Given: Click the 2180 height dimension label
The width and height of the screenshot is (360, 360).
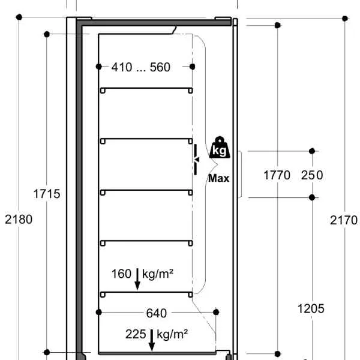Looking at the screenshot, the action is (x=19, y=219).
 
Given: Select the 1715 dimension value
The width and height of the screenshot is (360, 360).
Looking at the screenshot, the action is (x=47, y=194).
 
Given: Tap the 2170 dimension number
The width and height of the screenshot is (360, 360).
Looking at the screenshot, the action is (x=344, y=220).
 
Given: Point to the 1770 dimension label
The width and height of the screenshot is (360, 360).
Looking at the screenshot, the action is (x=277, y=175).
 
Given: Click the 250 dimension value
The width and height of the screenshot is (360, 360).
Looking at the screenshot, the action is (x=312, y=175).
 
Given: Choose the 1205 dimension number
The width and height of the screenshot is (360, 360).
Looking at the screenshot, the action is (x=311, y=308).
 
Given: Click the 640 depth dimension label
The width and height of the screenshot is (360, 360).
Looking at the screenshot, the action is (x=157, y=313).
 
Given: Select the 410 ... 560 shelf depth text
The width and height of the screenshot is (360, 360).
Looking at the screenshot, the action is (x=141, y=67).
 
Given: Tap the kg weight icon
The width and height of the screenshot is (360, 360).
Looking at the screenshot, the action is (x=220, y=148).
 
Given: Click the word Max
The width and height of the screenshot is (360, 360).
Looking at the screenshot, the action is (x=218, y=178).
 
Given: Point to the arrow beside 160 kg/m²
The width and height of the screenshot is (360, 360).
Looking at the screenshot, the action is (x=137, y=279).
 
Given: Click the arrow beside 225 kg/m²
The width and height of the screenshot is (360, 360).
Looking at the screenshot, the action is (x=152, y=340).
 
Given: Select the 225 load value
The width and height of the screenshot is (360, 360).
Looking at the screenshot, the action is (x=136, y=334).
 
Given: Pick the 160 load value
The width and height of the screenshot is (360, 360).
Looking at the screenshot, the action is (x=121, y=274).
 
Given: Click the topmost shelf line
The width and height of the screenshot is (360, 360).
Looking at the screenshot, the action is (x=146, y=88).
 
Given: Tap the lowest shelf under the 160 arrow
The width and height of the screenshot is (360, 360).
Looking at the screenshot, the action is (x=146, y=292).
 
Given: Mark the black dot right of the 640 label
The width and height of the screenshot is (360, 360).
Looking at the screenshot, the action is (x=216, y=312).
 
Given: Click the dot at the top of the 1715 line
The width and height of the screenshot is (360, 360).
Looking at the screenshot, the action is (x=47, y=34).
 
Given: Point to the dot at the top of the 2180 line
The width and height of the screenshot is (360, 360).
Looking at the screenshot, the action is (x=19, y=17).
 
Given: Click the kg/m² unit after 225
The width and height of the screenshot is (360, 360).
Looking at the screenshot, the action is (x=172, y=335).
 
